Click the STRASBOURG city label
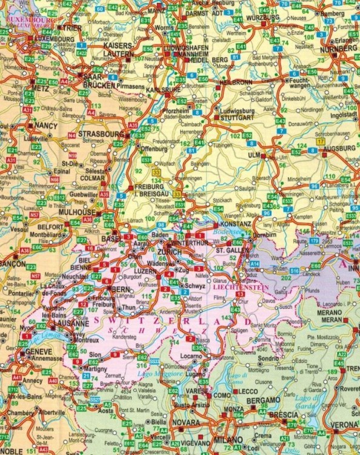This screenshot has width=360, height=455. (x=102, y=133)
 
